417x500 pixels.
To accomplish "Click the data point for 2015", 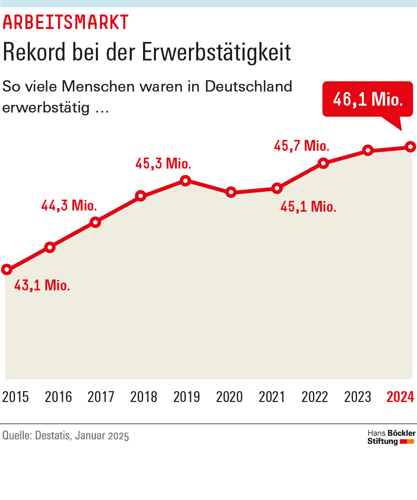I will [x=6, y=269].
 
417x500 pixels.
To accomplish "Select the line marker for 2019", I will [x=185, y=180].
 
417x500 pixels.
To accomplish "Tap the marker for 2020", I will [x=231, y=192].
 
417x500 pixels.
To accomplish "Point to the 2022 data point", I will [x=323, y=163].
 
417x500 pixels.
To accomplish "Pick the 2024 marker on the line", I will [x=410, y=147].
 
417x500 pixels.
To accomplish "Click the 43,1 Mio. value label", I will [x=42, y=285].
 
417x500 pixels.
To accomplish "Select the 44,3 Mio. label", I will [x=69, y=206].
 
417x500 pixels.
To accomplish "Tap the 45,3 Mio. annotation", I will [x=163, y=164].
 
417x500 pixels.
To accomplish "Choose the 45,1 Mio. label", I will [x=308, y=207].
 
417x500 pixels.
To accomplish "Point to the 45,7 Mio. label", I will [x=302, y=146].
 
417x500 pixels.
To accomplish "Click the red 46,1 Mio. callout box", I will [x=367, y=99].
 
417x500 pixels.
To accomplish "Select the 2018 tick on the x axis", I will [x=144, y=397].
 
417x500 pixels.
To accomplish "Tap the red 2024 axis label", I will [x=400, y=397].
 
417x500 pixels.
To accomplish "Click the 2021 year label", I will [x=272, y=397].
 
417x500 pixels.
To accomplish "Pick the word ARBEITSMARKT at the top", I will [x=66, y=23].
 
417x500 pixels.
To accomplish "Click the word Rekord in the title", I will [x=35, y=52].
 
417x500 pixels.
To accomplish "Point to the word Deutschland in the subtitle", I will [x=249, y=86].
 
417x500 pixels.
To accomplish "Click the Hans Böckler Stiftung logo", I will [x=391, y=437].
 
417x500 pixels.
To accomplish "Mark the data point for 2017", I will [x=95, y=222].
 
